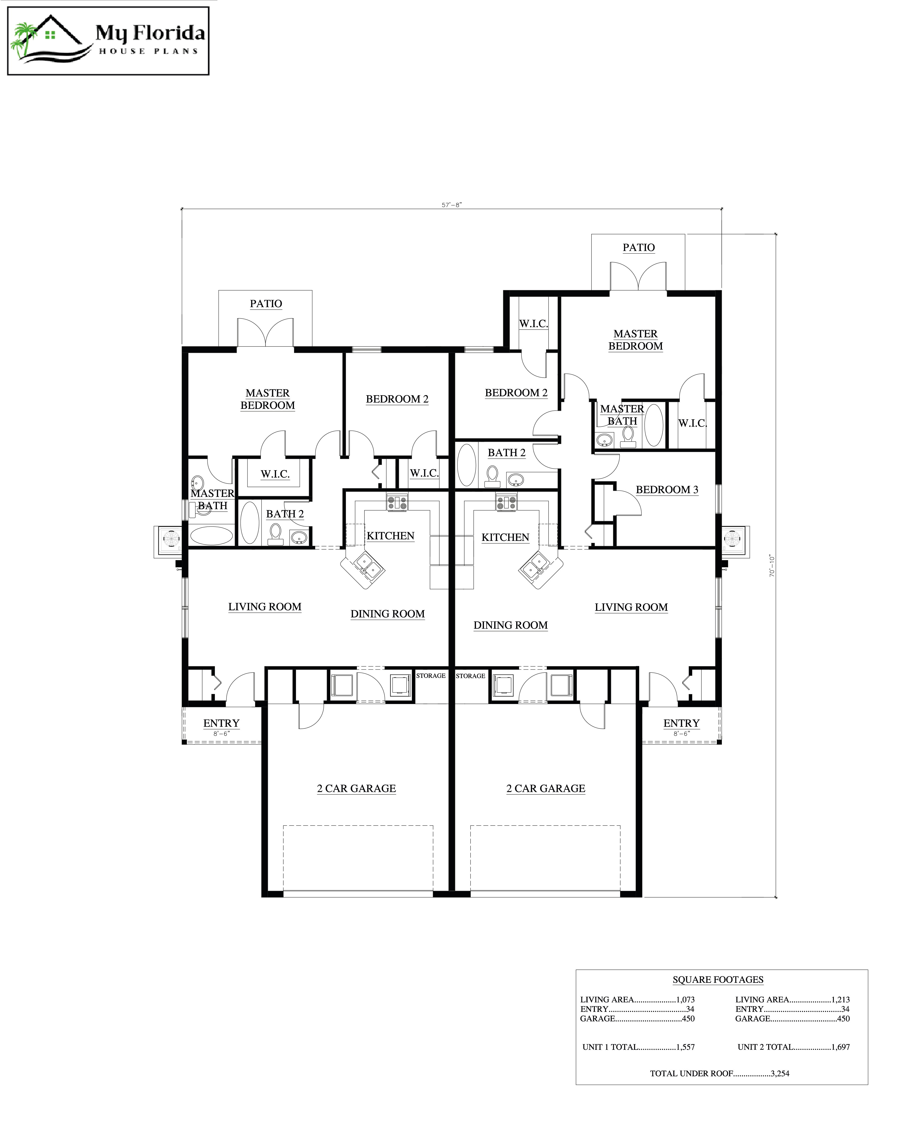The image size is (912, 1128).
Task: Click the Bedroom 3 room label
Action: point(667,489)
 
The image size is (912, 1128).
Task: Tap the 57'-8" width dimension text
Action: point(451,205)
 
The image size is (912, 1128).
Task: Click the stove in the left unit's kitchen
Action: point(397,502)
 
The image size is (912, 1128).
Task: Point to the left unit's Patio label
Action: point(266,304)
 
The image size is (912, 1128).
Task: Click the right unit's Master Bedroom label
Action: point(635,340)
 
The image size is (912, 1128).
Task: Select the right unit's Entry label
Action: point(681,723)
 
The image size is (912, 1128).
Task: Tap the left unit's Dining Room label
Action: point(387,614)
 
